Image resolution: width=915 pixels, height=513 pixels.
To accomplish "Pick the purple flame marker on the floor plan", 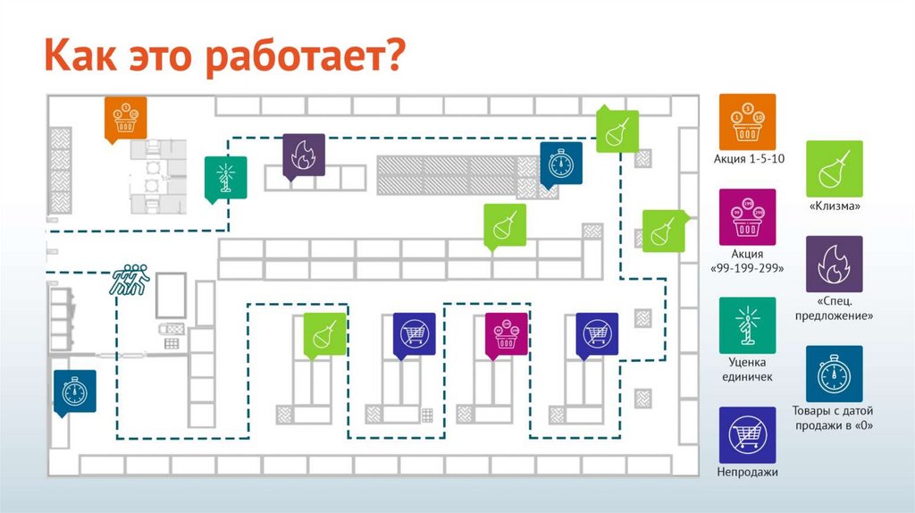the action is [303, 155].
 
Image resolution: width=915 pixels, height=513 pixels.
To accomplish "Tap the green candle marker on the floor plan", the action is [225, 175].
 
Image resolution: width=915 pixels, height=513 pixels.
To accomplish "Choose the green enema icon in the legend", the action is [835, 168].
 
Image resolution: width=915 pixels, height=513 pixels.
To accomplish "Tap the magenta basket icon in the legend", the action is [747, 216].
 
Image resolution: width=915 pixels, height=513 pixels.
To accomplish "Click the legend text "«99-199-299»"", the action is [747, 269].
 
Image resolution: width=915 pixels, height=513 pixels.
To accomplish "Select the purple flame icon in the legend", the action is [835, 264].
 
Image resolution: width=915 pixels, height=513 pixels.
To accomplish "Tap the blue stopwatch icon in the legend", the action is [835, 374].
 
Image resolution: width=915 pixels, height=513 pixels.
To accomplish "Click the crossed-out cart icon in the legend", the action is [747, 434].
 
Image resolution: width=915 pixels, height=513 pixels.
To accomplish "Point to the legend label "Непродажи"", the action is [747, 473].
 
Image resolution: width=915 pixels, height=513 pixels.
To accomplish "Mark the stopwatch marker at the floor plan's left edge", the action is [73, 391].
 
